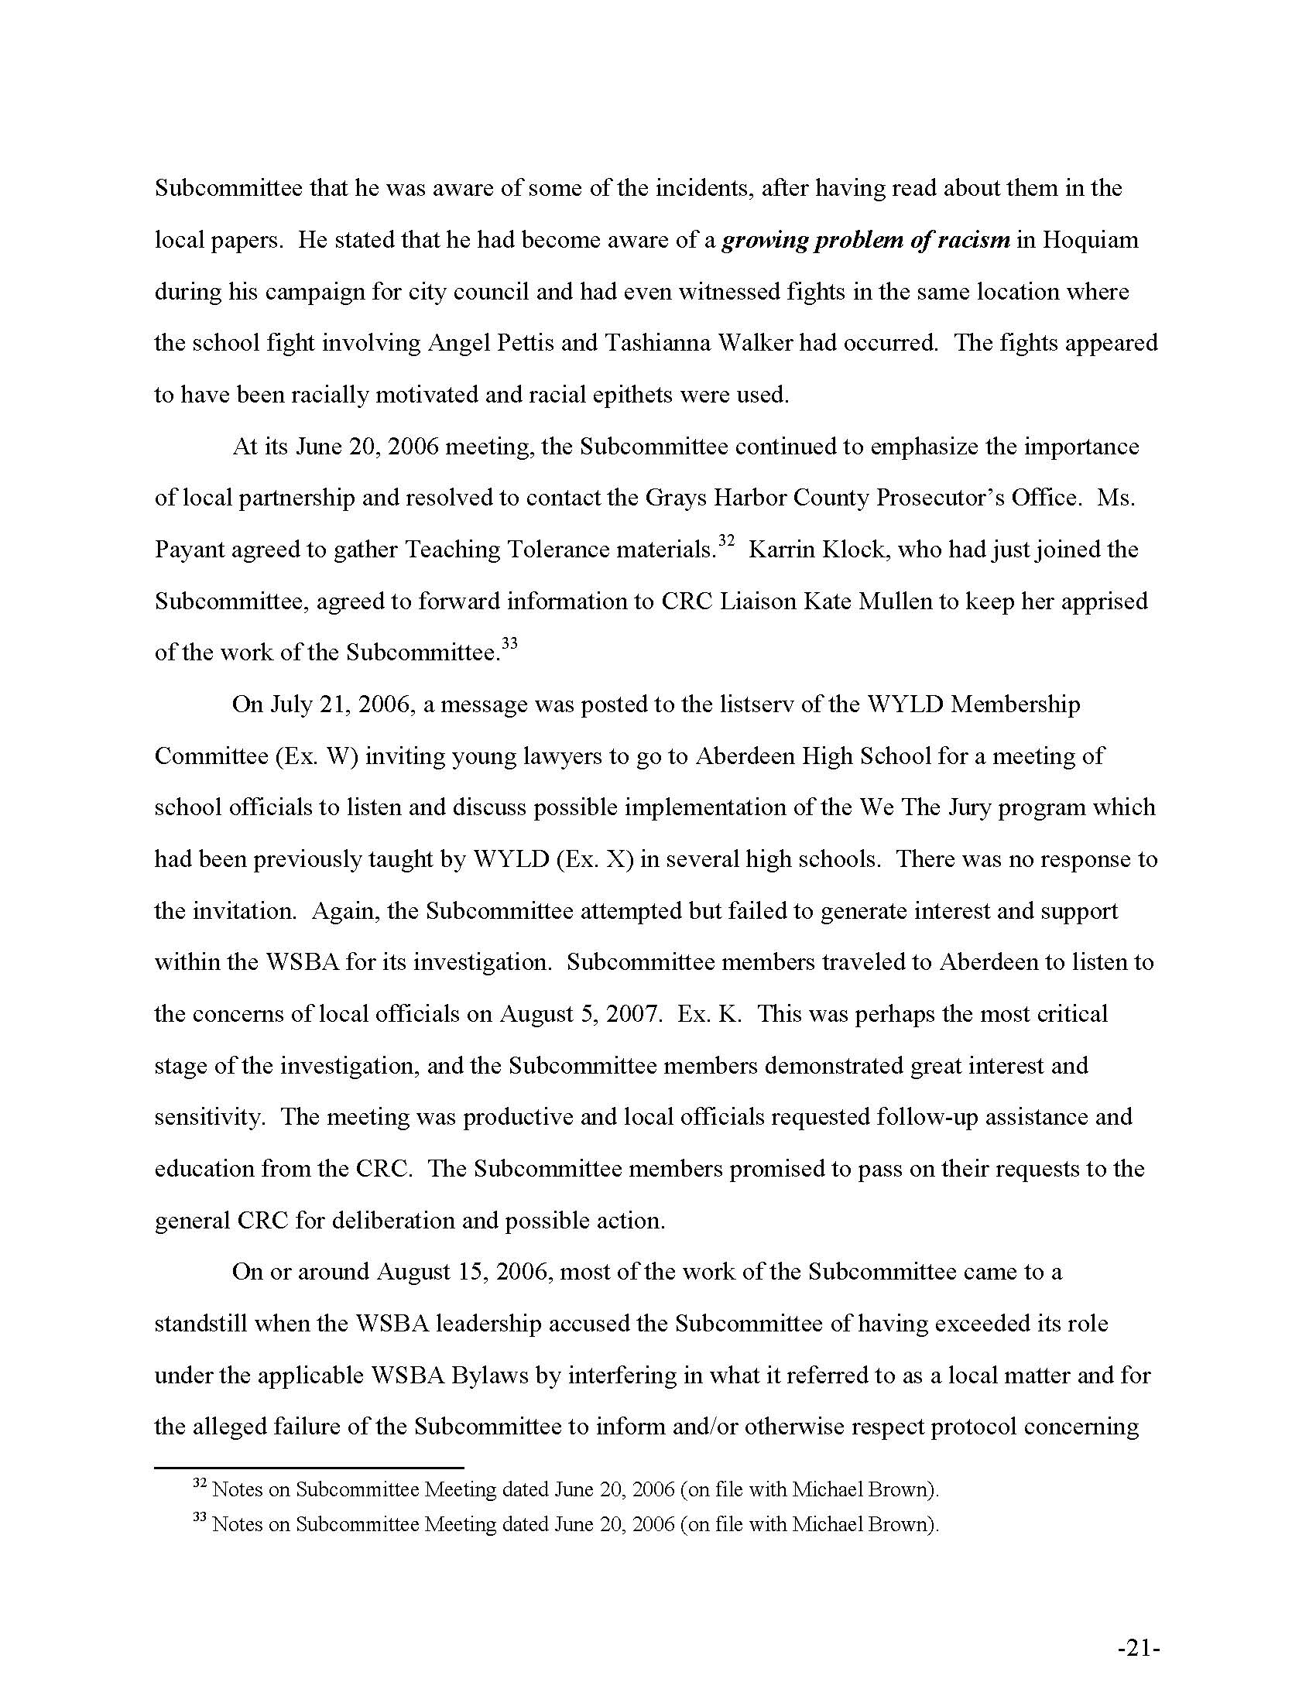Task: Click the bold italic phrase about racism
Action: coord(865,239)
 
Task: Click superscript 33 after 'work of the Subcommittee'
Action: coord(509,644)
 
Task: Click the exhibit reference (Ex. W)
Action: coord(316,756)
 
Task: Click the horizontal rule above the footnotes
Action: coord(309,1468)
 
